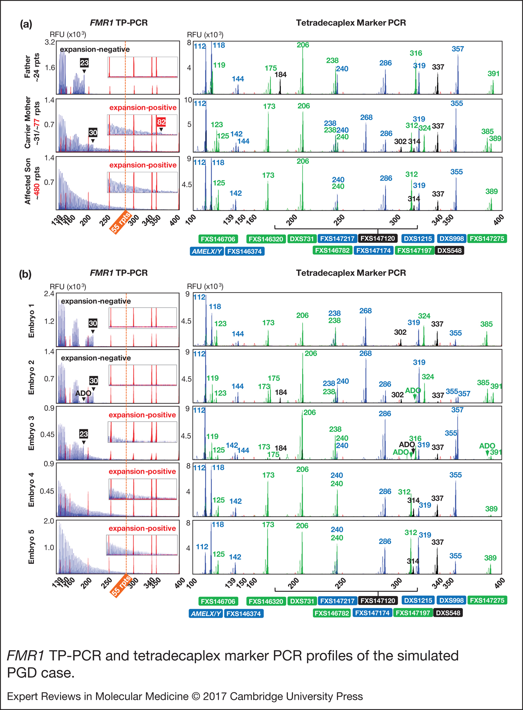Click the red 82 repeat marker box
point(161,122)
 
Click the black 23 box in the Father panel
point(84,63)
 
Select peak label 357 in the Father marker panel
point(458,49)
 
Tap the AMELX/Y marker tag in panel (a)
point(207,251)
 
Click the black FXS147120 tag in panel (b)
point(378,601)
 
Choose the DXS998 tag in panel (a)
point(452,238)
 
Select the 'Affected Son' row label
point(31,181)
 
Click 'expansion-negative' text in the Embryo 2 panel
point(96,358)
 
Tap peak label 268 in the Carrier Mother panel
point(366,117)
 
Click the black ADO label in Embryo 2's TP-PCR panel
point(83,393)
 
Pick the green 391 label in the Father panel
point(493,74)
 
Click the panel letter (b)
point(25,274)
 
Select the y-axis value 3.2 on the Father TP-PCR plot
point(50,42)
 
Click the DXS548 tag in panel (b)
point(448,613)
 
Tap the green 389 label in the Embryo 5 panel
point(490,558)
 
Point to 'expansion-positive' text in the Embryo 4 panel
point(142,472)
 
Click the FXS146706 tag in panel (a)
point(218,239)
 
